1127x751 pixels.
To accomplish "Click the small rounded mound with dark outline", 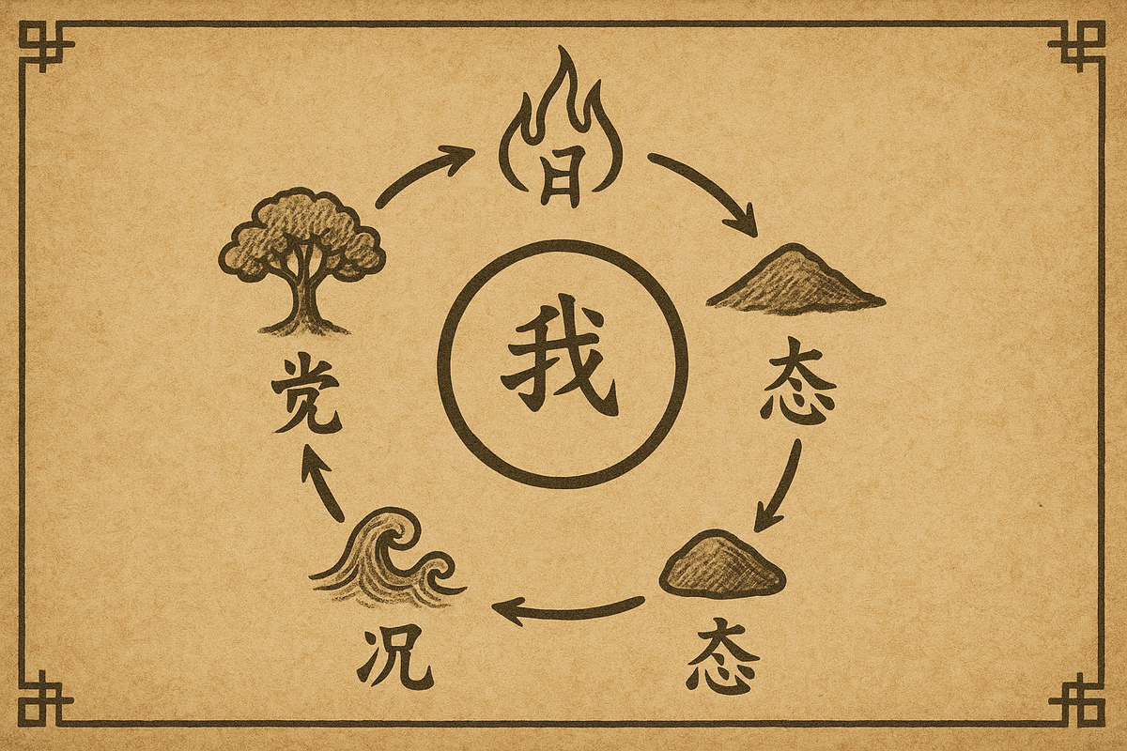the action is click(x=721, y=564).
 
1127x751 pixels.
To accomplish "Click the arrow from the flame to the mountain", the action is click(x=704, y=192).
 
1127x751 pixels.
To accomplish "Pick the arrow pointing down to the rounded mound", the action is click(x=780, y=483).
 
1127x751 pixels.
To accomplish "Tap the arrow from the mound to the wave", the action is click(x=568, y=610).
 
